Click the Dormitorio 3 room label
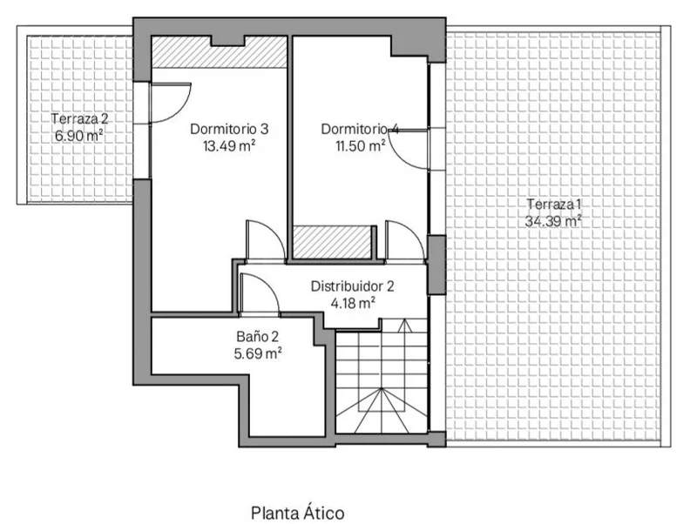(229, 129)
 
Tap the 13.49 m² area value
(229, 145)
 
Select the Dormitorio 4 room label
(360, 129)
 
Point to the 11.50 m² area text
(360, 145)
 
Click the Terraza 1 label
(554, 205)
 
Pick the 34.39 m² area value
(554, 221)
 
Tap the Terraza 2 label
(79, 119)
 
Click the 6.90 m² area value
(79, 135)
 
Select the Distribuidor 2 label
(352, 286)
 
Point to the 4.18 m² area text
(353, 303)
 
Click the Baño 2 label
(258, 337)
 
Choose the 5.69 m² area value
(258, 353)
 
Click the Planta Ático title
(298, 513)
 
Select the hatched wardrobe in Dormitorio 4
(332, 242)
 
